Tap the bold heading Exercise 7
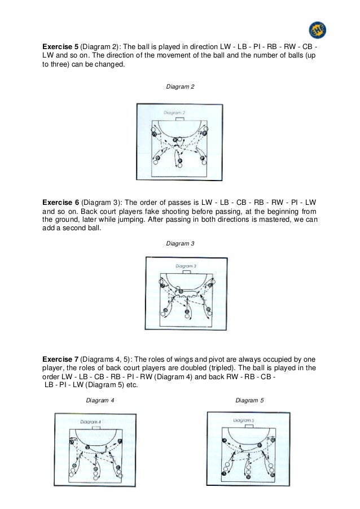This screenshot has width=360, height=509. point(61,359)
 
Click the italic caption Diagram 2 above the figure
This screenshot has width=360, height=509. point(179,87)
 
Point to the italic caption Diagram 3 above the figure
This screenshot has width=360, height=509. point(180,243)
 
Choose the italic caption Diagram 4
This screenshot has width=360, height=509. point(100,400)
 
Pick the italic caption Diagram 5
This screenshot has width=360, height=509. point(249,400)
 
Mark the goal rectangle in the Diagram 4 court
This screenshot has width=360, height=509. point(96,428)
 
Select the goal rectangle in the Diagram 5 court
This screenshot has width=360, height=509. point(249,427)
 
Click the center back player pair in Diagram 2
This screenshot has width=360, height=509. point(179,163)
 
